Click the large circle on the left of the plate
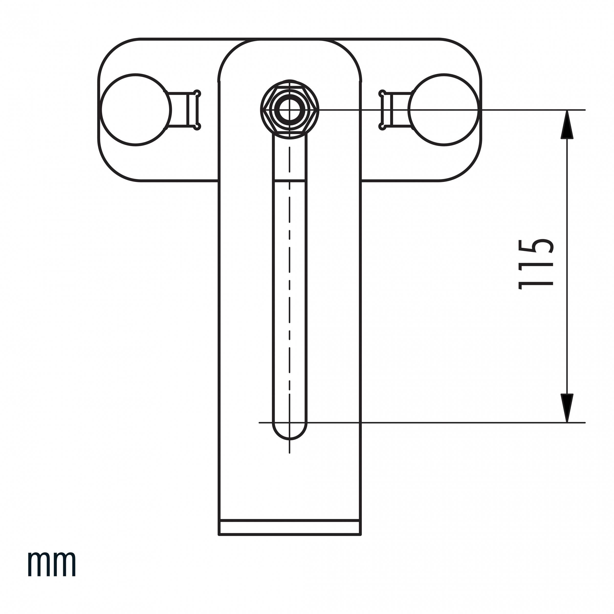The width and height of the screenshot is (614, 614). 136,110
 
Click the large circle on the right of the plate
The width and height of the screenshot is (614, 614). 444,110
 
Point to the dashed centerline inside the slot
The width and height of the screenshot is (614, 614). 290,286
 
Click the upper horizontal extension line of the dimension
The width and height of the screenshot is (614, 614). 445,110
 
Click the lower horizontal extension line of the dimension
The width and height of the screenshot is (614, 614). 445,423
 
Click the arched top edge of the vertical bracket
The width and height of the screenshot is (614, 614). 290,40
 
